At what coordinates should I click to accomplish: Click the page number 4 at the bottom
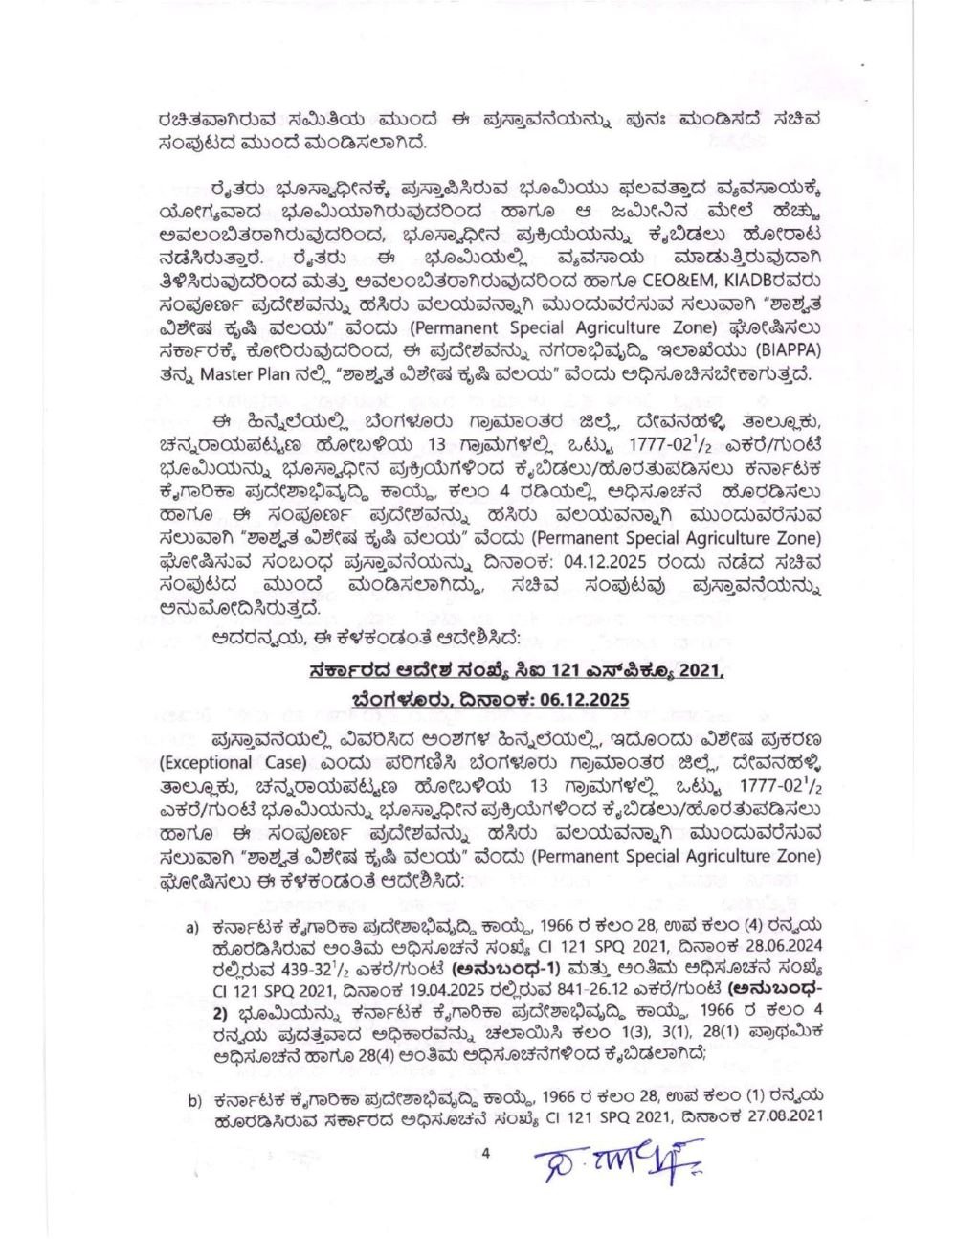[485, 1155]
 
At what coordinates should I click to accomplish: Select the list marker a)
[191, 928]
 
